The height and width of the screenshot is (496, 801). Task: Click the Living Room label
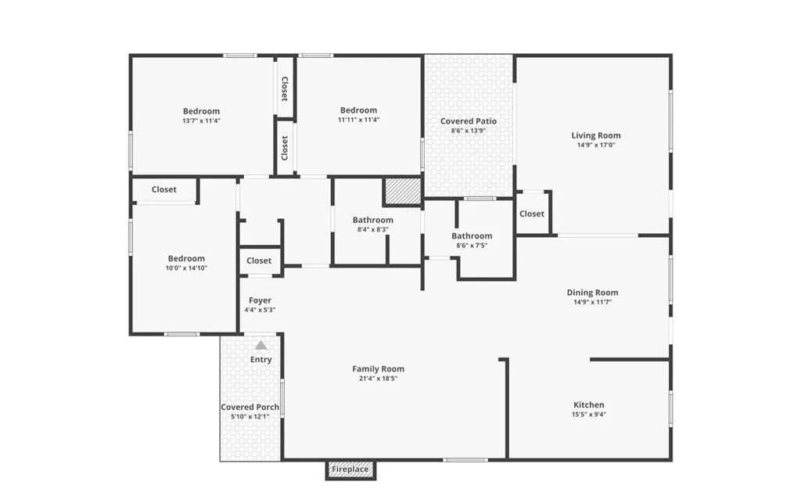point(595,135)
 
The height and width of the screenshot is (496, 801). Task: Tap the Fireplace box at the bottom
point(350,469)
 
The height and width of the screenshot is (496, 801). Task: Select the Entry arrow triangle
point(260,345)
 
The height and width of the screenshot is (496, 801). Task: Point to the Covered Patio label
point(468,121)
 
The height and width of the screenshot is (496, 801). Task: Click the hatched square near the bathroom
point(402,192)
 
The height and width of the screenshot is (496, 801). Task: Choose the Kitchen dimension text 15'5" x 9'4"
point(588,415)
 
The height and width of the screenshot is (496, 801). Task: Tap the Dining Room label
point(592,293)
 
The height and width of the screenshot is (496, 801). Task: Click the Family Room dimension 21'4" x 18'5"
point(378,379)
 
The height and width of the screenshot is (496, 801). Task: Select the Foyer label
point(260,300)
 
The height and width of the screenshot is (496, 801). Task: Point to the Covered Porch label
point(250,407)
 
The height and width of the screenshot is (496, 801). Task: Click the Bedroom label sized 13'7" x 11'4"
point(201,111)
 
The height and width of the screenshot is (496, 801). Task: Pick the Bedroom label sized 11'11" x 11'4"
point(358,110)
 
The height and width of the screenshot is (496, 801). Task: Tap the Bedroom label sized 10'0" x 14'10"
point(186,259)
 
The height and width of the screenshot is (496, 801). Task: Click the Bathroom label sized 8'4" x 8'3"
point(372,220)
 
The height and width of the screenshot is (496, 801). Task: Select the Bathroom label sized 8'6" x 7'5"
point(472,235)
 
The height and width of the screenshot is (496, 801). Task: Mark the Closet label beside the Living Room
point(531,214)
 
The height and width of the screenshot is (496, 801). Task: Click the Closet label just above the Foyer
point(259,261)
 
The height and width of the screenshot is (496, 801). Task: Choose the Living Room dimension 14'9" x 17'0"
point(595,145)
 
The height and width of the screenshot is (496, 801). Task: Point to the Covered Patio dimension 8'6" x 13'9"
point(468,131)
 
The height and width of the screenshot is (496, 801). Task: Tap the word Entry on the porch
point(260,360)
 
